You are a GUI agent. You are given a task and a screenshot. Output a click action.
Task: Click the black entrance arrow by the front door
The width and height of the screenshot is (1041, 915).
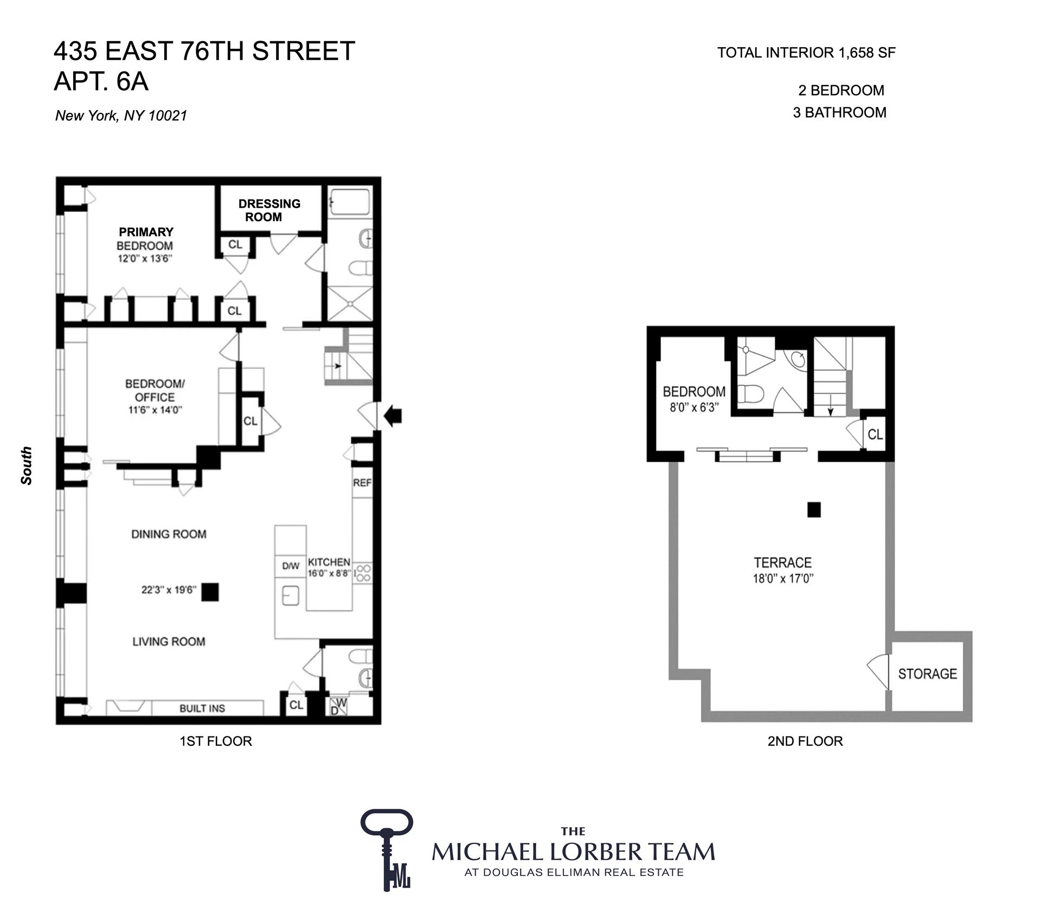pyautogui.click(x=393, y=416)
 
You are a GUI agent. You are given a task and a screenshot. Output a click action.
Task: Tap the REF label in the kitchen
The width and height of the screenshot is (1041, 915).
pyautogui.click(x=362, y=483)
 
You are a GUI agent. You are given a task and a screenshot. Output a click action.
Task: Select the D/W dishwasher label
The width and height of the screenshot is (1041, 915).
pyautogui.click(x=291, y=566)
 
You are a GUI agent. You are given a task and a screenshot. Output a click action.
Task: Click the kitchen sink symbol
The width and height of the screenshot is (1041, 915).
pyautogui.click(x=291, y=596)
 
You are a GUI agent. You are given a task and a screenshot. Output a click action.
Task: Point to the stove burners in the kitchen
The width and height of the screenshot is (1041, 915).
pyautogui.click(x=363, y=573)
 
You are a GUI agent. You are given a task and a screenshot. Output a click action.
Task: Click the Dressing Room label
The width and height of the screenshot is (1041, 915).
pyautogui.click(x=269, y=210)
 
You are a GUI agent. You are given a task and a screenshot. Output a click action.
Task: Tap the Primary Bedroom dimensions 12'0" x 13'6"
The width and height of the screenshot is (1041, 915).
pyautogui.click(x=145, y=259)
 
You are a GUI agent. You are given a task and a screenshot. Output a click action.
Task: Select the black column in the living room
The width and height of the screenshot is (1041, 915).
pyautogui.click(x=210, y=592)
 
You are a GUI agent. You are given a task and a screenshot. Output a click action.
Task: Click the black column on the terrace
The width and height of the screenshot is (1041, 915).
pyautogui.click(x=814, y=509)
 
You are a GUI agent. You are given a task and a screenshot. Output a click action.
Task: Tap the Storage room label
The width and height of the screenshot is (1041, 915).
pyautogui.click(x=927, y=674)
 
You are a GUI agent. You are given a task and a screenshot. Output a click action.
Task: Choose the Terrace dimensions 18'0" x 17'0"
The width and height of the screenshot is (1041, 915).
pyautogui.click(x=783, y=579)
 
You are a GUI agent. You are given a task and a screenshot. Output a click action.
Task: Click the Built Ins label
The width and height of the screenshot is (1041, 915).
pyautogui.click(x=202, y=708)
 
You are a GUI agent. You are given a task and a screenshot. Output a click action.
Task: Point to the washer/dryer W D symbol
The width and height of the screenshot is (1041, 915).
pyautogui.click(x=338, y=706)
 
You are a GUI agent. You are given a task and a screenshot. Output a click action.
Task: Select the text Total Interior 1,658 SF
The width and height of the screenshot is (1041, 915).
pyautogui.click(x=806, y=53)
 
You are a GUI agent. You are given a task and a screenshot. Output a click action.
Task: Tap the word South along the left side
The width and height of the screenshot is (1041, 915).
pyautogui.click(x=26, y=465)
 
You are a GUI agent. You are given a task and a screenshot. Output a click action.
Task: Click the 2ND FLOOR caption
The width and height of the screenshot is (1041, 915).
pyautogui.click(x=805, y=741)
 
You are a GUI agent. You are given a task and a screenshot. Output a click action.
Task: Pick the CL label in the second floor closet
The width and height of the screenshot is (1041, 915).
pyautogui.click(x=875, y=434)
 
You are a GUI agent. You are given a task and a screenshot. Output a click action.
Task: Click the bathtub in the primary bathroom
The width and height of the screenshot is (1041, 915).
pyautogui.click(x=350, y=202)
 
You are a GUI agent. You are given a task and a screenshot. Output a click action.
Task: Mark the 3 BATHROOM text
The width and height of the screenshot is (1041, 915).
pyautogui.click(x=839, y=112)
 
